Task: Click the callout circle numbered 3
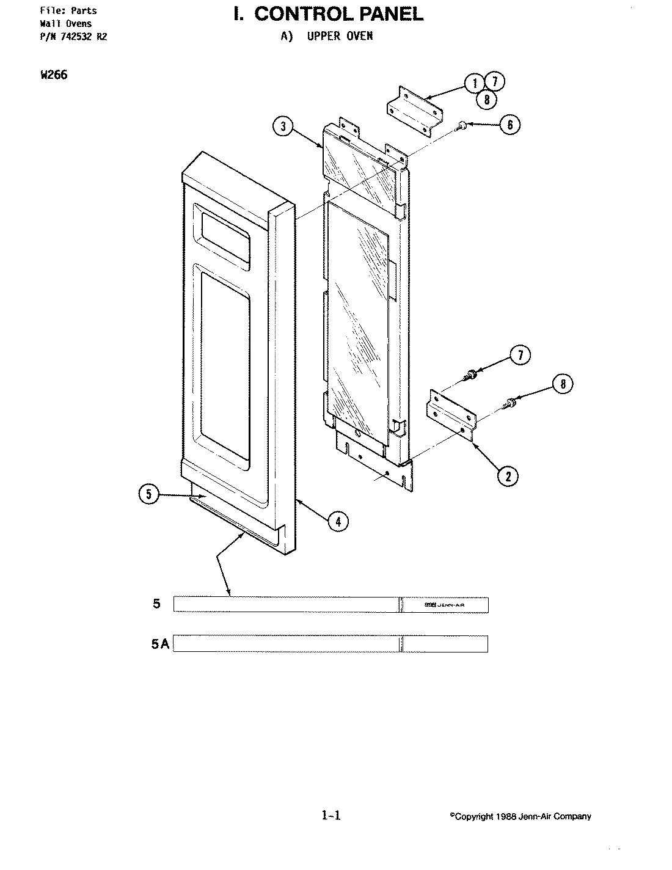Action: (x=283, y=127)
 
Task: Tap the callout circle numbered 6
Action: (x=509, y=125)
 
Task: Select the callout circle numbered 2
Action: (x=508, y=475)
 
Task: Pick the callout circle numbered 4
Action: (x=338, y=521)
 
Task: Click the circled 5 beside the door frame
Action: (x=149, y=494)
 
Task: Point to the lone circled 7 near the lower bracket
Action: (x=520, y=355)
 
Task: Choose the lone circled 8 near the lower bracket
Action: (x=563, y=384)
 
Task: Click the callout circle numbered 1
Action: (x=474, y=82)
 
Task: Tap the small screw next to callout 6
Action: (x=462, y=125)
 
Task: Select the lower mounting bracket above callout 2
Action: (x=451, y=416)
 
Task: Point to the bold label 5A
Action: (x=161, y=644)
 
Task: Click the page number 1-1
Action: (x=331, y=814)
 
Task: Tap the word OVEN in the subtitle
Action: (x=358, y=35)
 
